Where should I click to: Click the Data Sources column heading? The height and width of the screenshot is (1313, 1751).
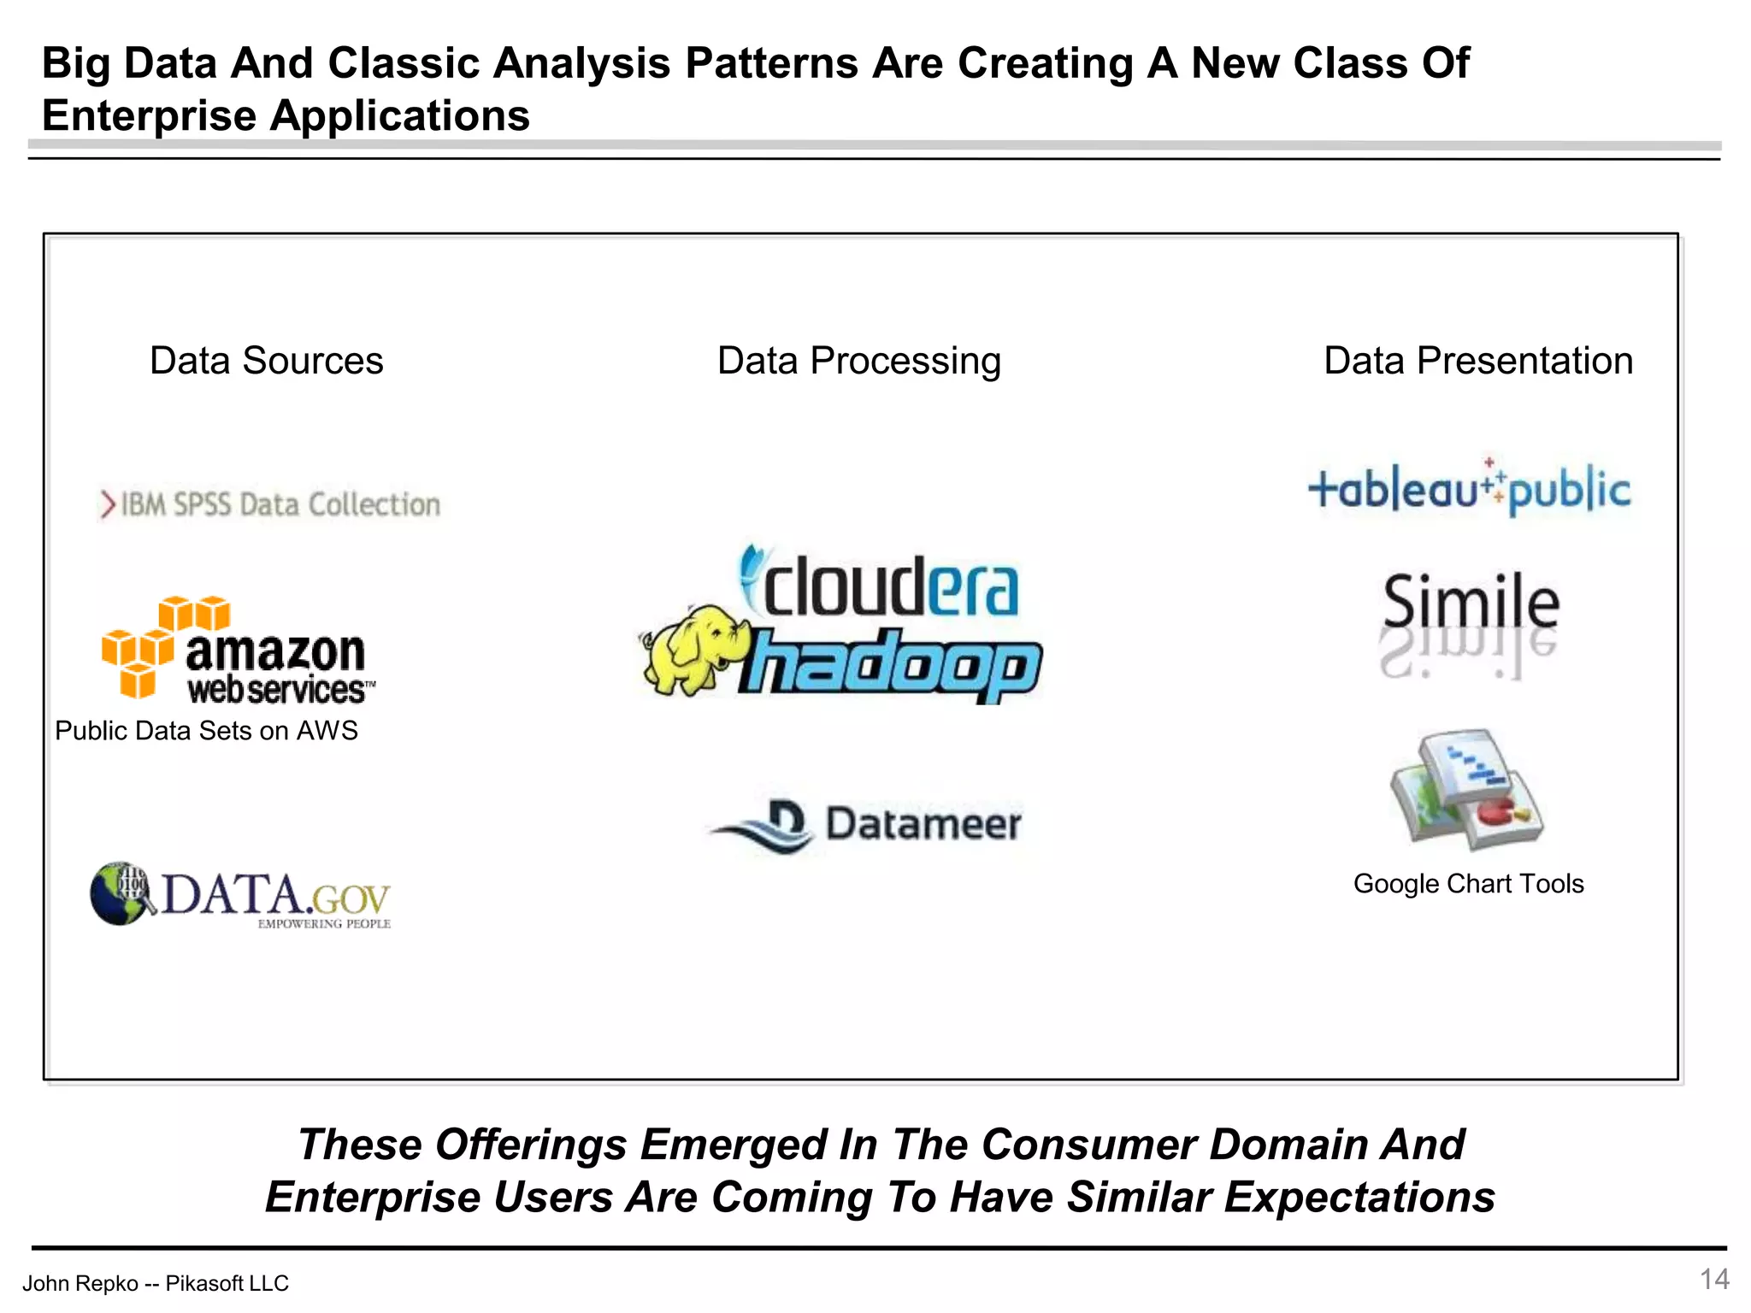(x=266, y=361)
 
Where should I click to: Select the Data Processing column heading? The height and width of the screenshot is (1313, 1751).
(x=858, y=361)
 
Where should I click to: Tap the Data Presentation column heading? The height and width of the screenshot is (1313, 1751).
(x=1477, y=361)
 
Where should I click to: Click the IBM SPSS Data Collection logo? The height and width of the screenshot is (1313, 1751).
(x=270, y=504)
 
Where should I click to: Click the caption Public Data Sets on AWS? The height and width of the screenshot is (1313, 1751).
(x=206, y=731)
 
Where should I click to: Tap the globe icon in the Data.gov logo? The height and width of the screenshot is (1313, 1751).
(x=120, y=893)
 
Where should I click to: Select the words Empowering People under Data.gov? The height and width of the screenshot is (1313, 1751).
(x=324, y=924)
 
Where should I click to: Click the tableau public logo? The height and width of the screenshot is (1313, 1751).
(x=1469, y=489)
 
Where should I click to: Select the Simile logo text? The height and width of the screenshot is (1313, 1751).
(x=1471, y=602)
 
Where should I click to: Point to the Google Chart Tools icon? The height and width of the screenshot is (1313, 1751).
(x=1466, y=790)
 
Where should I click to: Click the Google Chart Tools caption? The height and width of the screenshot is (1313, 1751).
(x=1468, y=884)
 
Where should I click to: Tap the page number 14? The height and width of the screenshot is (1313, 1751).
(x=1714, y=1279)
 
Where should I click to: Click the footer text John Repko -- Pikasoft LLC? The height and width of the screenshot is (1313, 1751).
(x=156, y=1283)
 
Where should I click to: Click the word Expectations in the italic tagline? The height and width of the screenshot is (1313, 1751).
(x=1359, y=1197)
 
